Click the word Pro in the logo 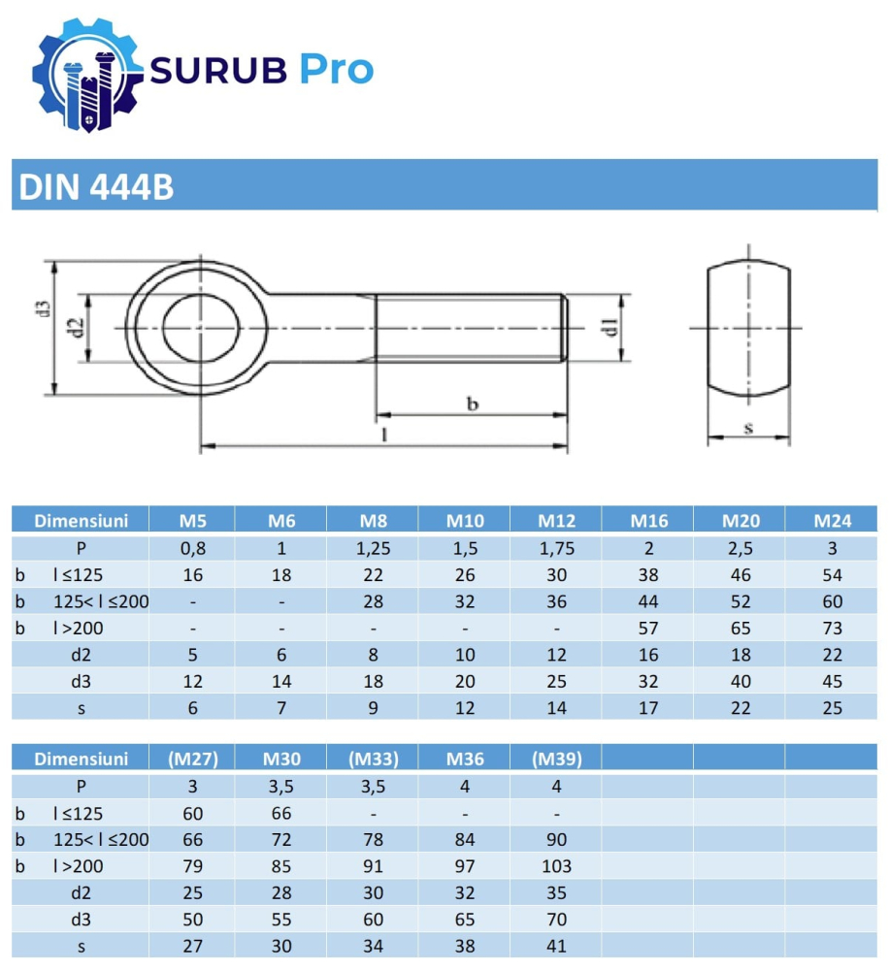(335, 70)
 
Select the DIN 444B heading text (95, 186)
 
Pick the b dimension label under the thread (473, 404)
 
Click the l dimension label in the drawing (385, 436)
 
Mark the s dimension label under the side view (747, 427)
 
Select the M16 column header (648, 521)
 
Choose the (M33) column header (374, 760)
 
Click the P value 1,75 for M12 (556, 548)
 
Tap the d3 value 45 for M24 (832, 682)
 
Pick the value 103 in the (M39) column (556, 866)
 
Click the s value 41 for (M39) (556, 946)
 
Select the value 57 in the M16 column (648, 629)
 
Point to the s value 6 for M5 (192, 708)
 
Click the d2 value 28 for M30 (281, 893)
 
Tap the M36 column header (465, 760)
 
